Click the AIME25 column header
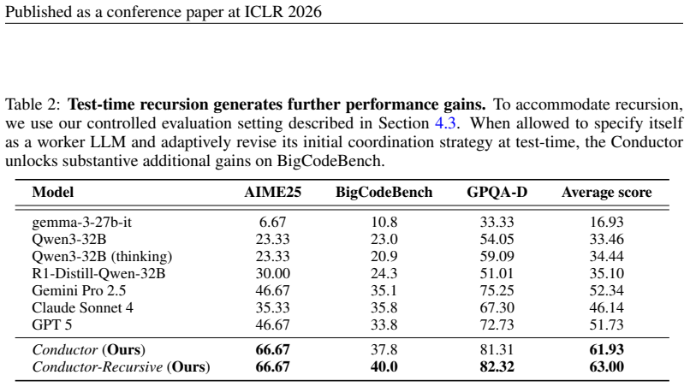point(273,193)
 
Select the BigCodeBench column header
point(384,193)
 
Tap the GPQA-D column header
point(497,193)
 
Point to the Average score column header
point(606,193)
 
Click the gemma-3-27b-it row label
point(81,222)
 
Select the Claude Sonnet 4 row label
point(82,307)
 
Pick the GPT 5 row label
point(52,324)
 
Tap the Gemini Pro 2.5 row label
point(79,290)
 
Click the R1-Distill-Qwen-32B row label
point(98,273)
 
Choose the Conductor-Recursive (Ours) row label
point(121,366)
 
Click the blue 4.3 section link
point(445,123)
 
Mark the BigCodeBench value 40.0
point(384,366)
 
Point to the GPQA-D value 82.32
point(497,366)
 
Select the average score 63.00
point(606,366)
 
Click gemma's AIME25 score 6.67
point(273,222)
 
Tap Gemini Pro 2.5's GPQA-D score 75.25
point(497,290)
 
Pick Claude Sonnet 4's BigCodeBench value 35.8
point(384,307)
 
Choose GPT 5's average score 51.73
point(606,324)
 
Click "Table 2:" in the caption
point(33,104)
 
